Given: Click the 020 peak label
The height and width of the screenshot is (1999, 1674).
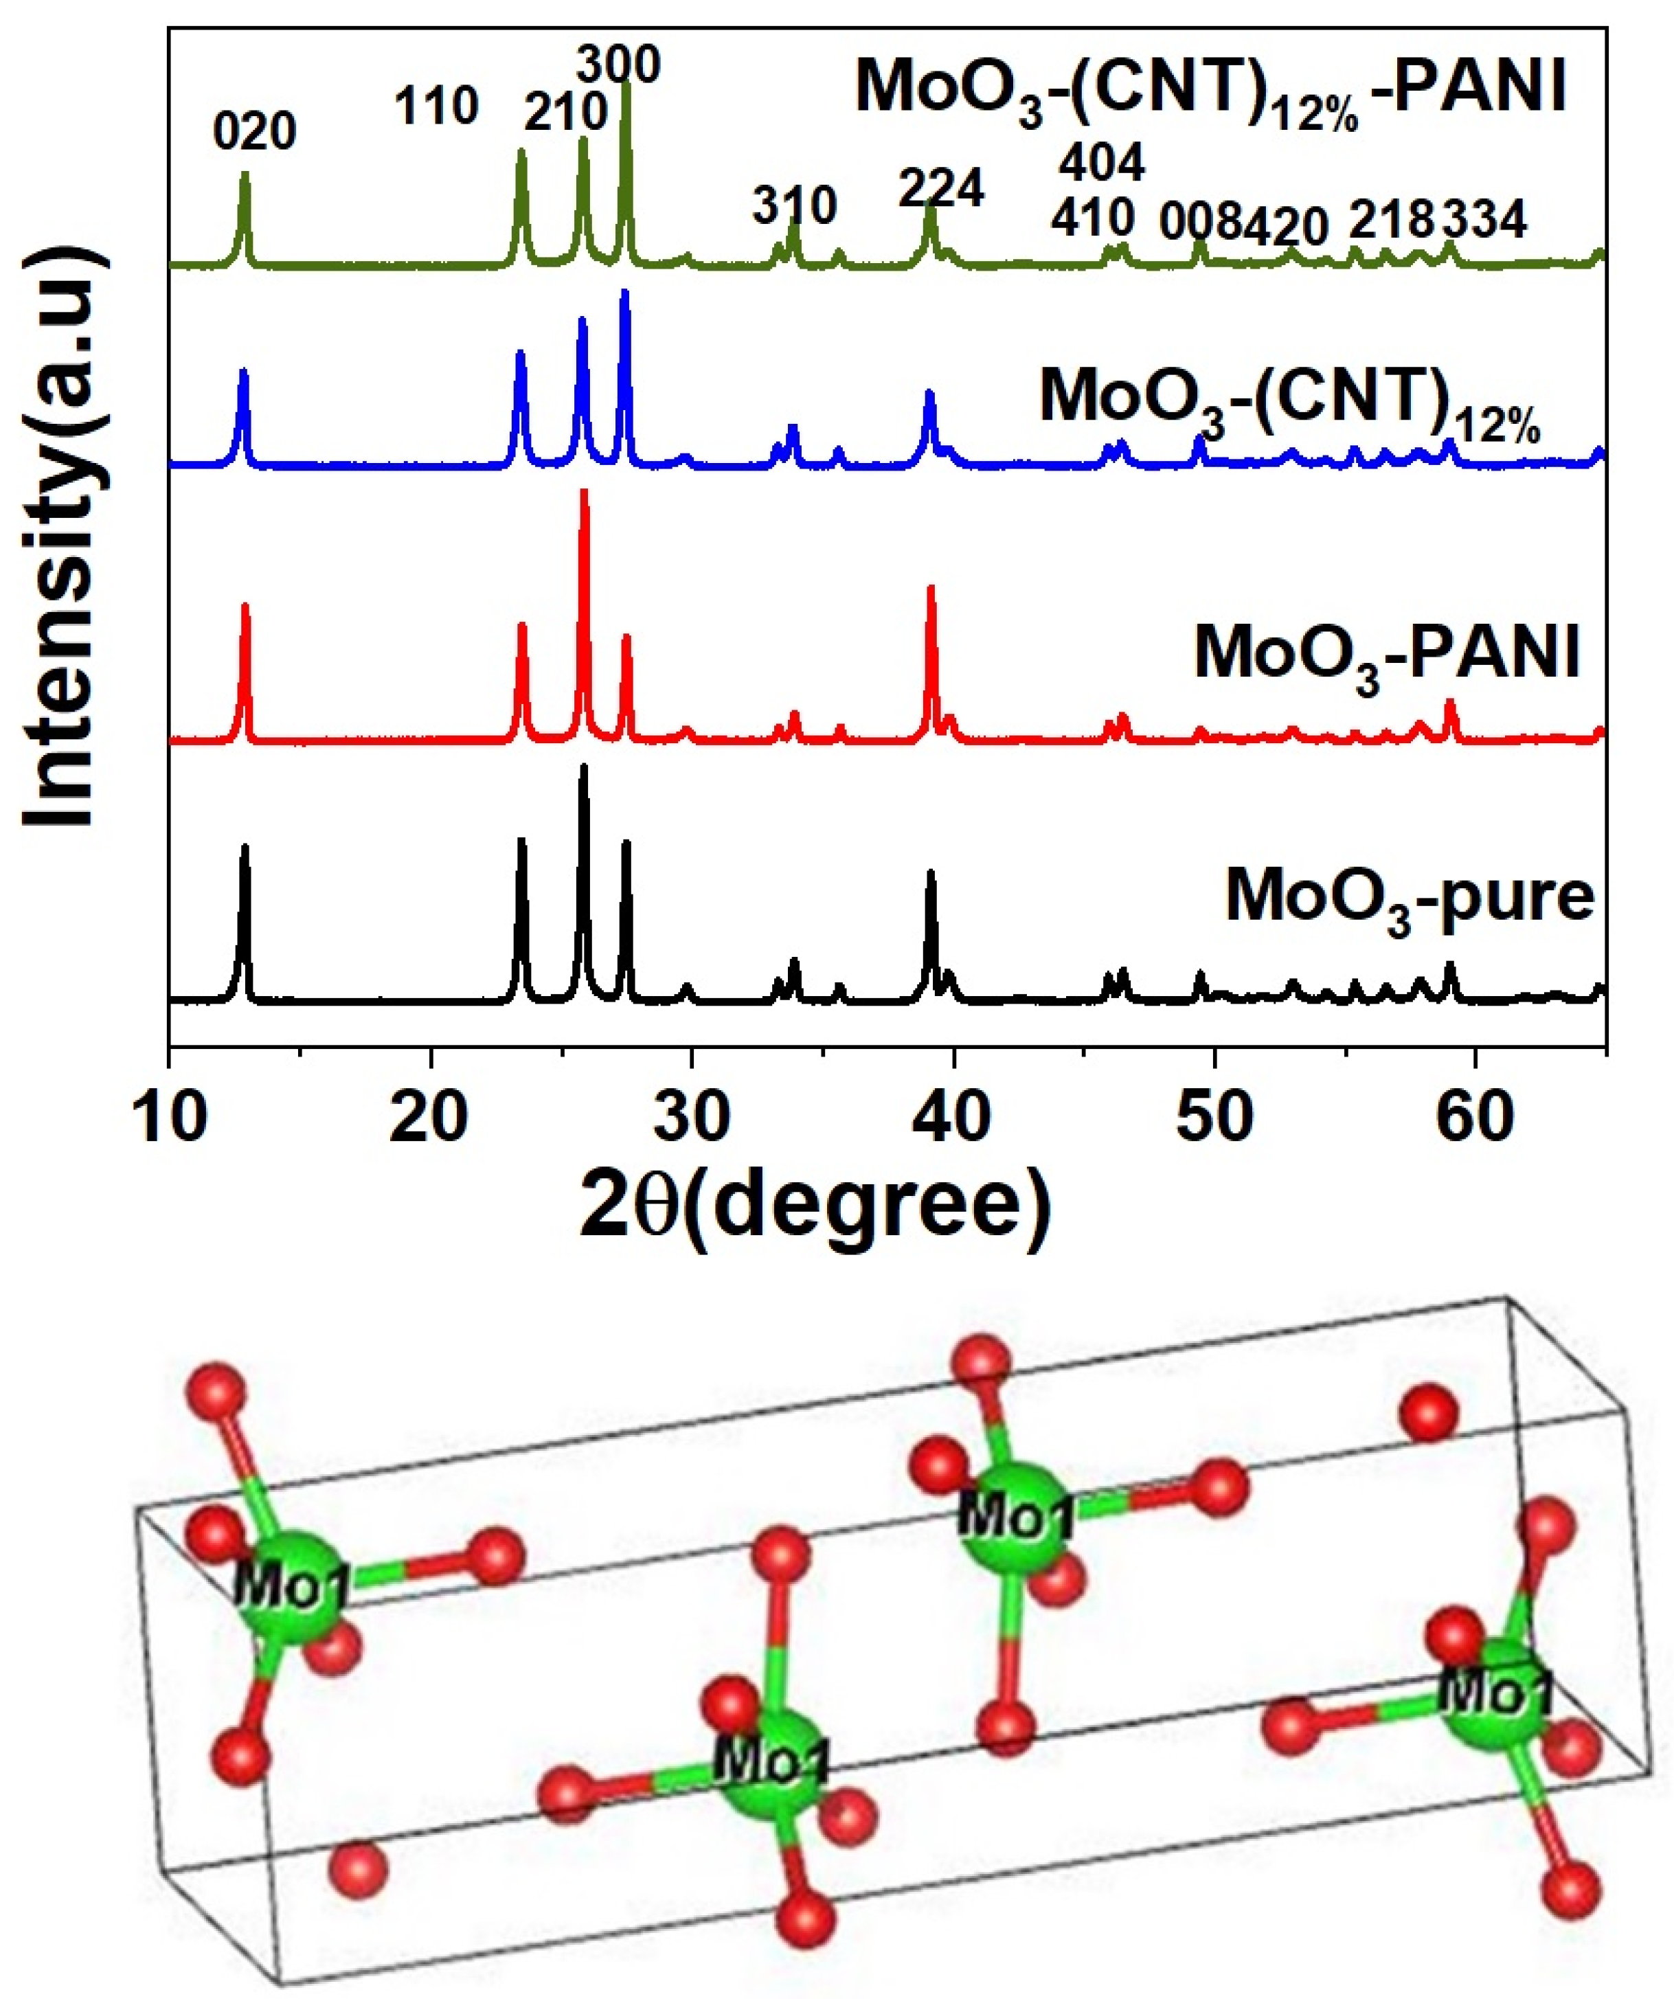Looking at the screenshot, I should click(x=254, y=131).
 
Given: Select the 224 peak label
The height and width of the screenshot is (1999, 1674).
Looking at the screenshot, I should click(x=941, y=188).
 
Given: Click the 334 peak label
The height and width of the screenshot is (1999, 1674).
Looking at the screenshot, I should click(x=1484, y=221).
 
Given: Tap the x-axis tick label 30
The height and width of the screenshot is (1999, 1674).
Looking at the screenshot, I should click(x=692, y=1116).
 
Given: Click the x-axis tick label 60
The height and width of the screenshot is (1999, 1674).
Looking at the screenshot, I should click(x=1475, y=1116).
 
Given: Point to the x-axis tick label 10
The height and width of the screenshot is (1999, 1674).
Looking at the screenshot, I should click(x=170, y=1116).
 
